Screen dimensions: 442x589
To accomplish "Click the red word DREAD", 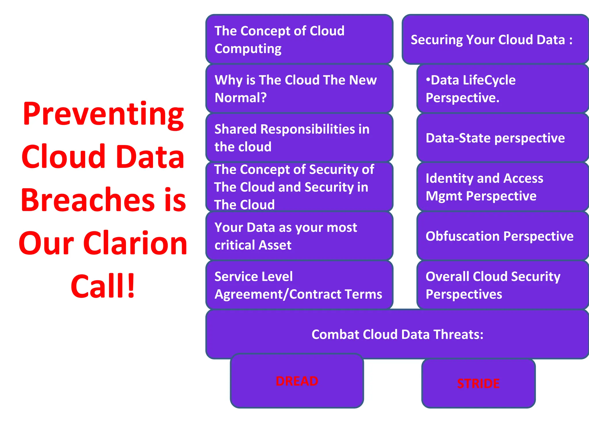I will tap(297, 381).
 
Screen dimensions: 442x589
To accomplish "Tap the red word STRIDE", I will tap(478, 384).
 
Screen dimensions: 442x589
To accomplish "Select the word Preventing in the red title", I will tap(103, 114).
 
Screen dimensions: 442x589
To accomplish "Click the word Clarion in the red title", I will tap(135, 243).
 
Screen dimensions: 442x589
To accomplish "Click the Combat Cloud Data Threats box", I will tap(397, 334).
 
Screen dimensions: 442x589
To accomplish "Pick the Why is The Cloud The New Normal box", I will tap(299, 89).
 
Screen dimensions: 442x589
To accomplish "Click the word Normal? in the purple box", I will tap(240, 98).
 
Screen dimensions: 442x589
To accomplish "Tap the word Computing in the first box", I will tap(248, 49).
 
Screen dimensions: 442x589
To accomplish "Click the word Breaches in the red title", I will tap(88, 200).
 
